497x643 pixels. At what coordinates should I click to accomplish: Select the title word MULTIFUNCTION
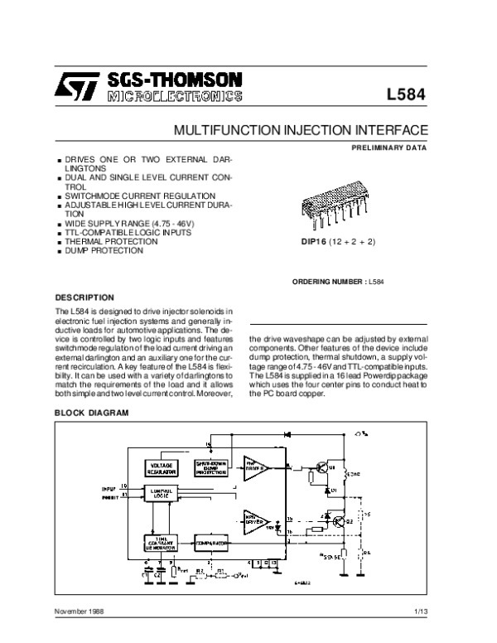click(218, 131)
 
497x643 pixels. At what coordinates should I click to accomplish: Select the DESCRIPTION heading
click(84, 296)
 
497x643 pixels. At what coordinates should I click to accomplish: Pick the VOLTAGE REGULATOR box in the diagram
click(163, 467)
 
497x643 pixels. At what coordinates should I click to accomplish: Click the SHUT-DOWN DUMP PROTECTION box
click(213, 467)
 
